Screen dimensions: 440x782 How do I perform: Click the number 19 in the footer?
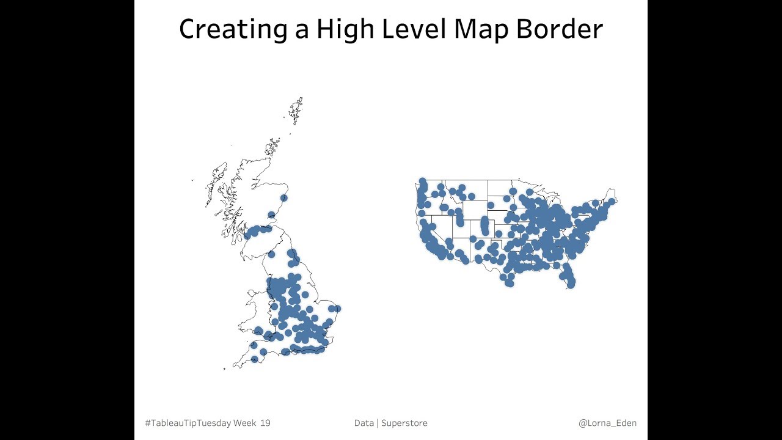point(265,423)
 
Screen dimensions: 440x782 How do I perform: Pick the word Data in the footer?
point(364,423)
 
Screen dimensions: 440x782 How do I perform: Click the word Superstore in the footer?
point(404,423)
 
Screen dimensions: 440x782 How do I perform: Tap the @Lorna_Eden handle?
point(607,423)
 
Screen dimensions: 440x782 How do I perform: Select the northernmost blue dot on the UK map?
point(283,197)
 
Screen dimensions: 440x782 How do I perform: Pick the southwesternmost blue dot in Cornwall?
point(255,359)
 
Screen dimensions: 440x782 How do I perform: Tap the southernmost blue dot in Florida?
point(571,284)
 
